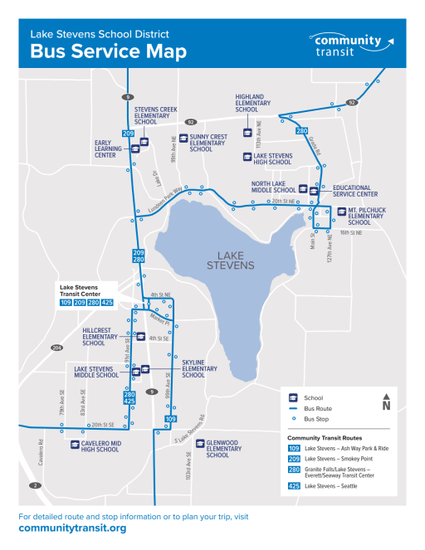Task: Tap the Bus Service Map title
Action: [108, 51]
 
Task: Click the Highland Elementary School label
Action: [250, 103]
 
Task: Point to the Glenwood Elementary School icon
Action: [199, 443]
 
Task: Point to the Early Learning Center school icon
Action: [135, 149]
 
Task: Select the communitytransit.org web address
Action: [72, 528]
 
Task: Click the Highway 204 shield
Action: [56, 347]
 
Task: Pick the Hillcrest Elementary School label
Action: [100, 336]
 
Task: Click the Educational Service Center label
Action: [356, 191]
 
